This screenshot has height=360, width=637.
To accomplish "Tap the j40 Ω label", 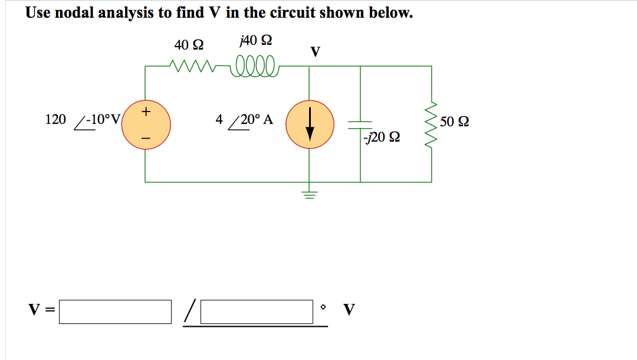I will click(256, 41).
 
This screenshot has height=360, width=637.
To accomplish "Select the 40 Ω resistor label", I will click(189, 45).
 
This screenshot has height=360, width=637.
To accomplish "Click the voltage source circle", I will click(146, 125).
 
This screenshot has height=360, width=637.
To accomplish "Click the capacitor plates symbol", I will click(360, 125).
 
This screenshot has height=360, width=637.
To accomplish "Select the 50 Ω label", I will click(455, 122).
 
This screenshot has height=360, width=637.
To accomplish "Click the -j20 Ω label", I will click(382, 137).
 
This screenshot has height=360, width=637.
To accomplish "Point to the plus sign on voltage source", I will click(146, 110).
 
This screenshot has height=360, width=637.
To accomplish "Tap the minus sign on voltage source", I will click(146, 139).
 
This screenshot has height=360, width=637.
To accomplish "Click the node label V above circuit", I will click(316, 53).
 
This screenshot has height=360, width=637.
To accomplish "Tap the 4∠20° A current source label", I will click(244, 120).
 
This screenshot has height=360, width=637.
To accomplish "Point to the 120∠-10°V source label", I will click(83, 120).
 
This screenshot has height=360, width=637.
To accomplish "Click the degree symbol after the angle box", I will click(323, 307).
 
